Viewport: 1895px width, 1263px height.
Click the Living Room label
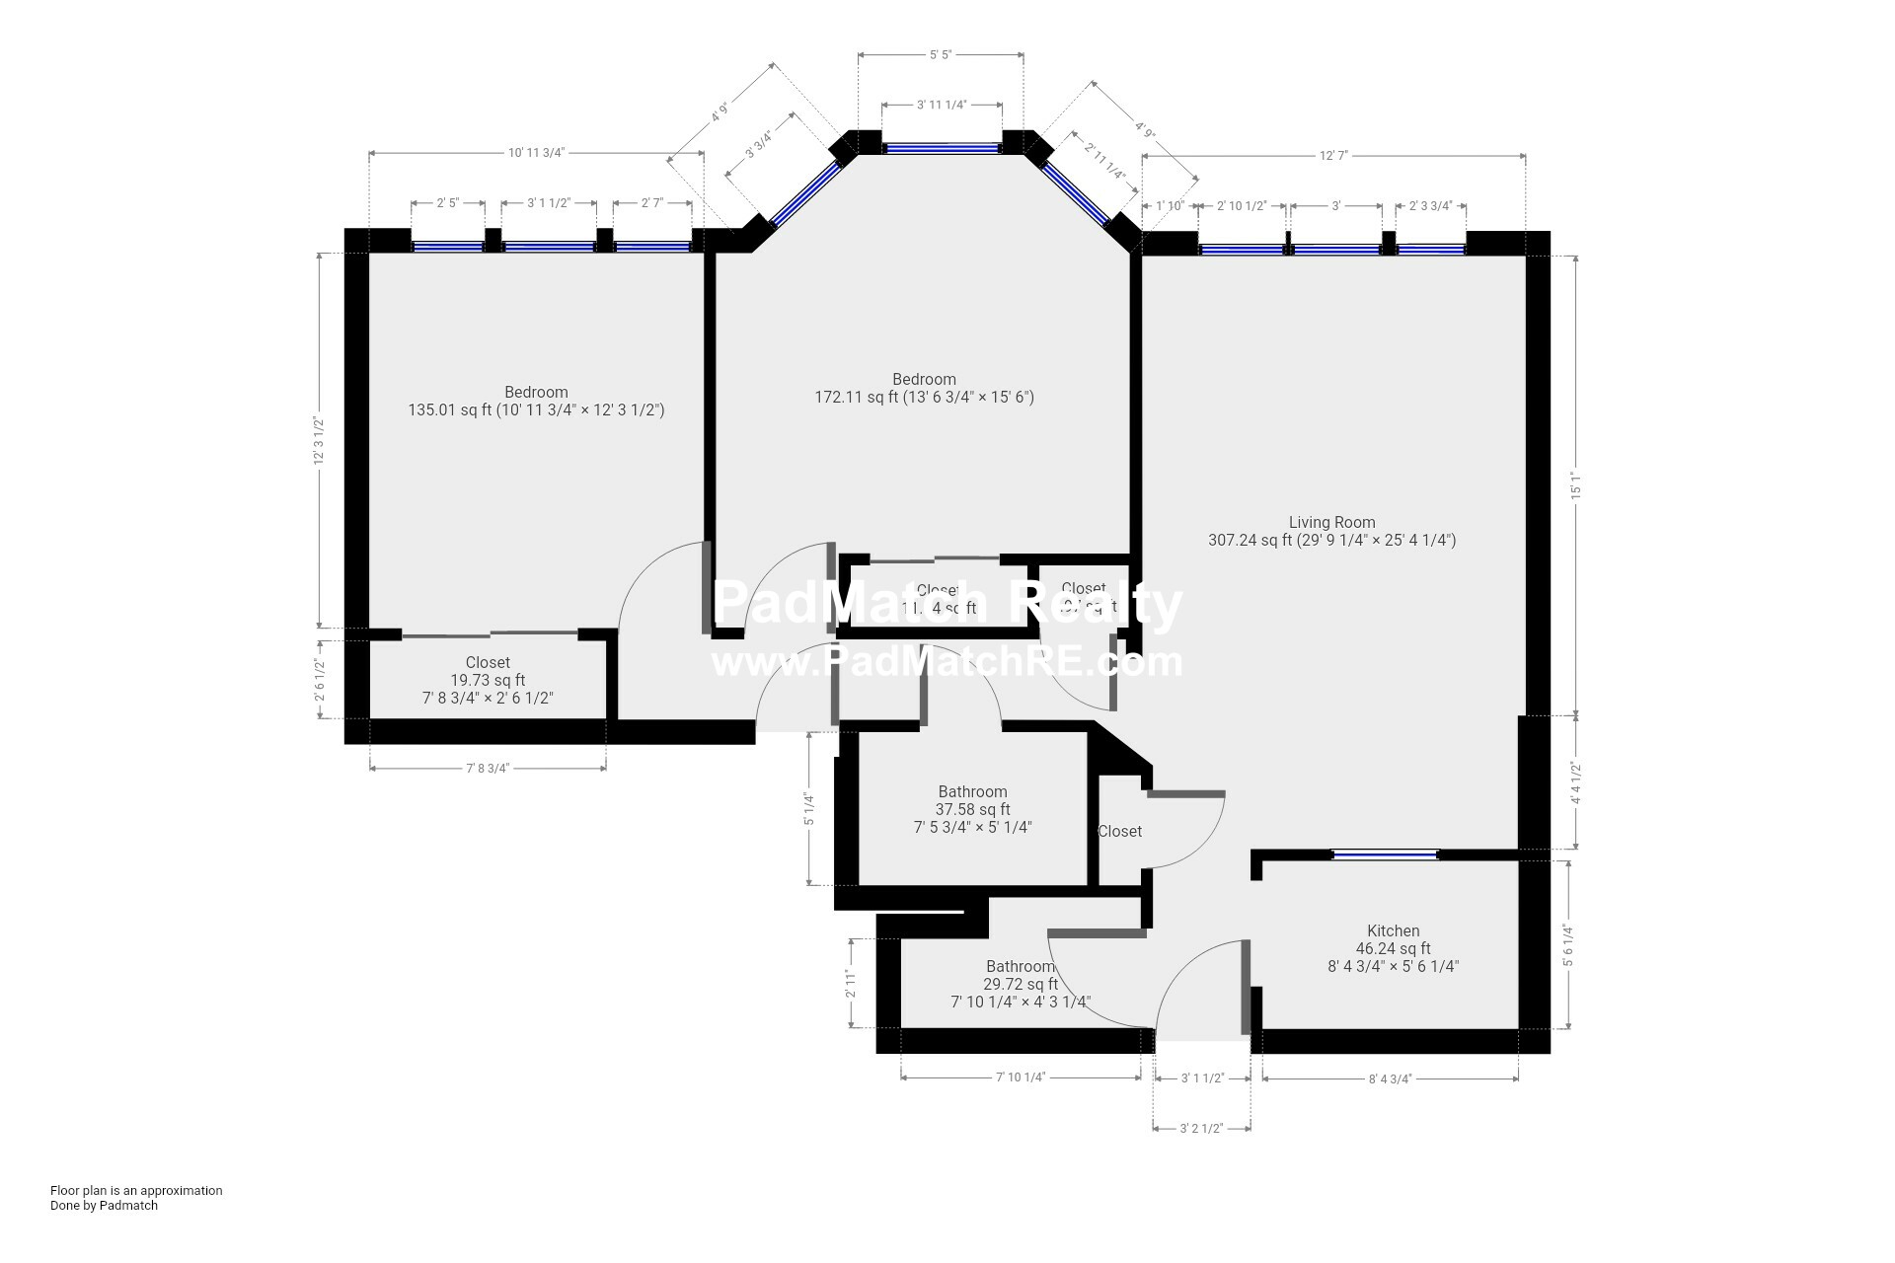tap(1331, 522)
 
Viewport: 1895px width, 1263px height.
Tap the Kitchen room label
tap(1393, 930)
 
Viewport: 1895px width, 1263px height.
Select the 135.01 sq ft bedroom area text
tap(536, 409)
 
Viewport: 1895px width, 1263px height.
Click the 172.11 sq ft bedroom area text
tap(924, 398)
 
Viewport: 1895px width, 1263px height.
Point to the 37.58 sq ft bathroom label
tap(972, 809)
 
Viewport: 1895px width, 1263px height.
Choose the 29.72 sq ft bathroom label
tap(1020, 984)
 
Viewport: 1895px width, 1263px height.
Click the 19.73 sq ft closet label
tap(488, 680)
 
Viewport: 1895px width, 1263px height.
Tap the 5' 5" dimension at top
tap(940, 55)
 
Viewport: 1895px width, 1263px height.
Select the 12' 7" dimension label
tap(1333, 155)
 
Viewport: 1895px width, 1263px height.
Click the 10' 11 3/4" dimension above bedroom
tap(536, 153)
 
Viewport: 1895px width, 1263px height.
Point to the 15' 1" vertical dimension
tap(1576, 485)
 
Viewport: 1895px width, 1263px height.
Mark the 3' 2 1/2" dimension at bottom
tap(1201, 1128)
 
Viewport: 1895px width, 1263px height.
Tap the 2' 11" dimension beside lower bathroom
tap(850, 983)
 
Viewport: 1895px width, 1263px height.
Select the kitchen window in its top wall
tap(1385, 854)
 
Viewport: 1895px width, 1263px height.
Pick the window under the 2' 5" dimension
tap(447, 247)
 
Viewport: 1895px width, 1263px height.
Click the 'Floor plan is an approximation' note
tap(136, 1190)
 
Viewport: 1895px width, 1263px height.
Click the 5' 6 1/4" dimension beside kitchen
tap(1566, 944)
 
